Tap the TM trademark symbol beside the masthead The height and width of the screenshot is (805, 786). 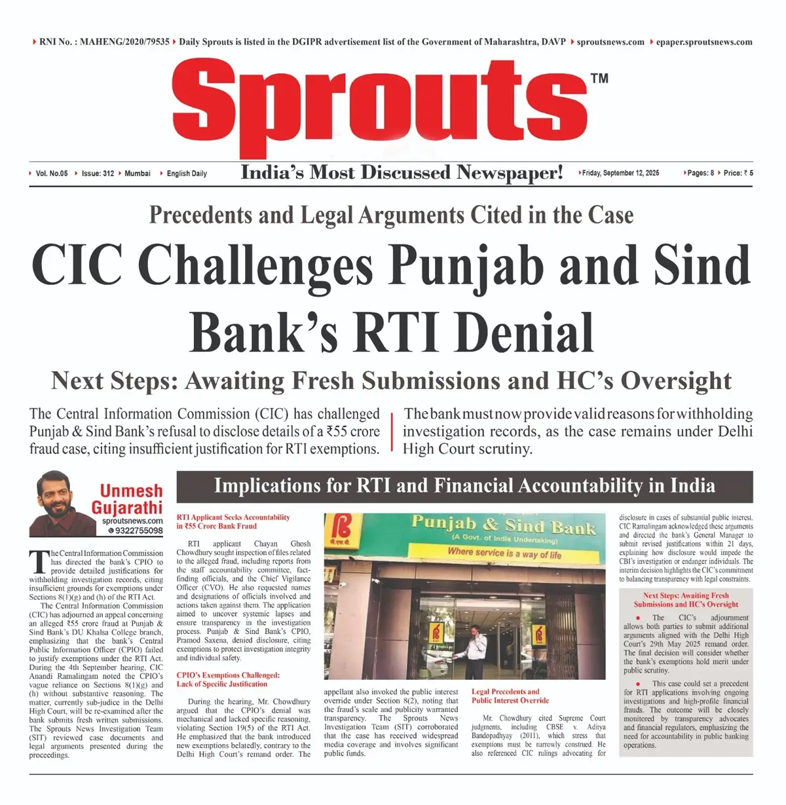[x=599, y=79]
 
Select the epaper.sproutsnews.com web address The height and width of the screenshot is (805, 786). [x=704, y=42]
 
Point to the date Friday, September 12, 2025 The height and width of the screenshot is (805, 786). [x=620, y=173]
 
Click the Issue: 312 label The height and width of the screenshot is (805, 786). [x=98, y=174]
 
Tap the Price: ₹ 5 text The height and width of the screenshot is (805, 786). [x=738, y=173]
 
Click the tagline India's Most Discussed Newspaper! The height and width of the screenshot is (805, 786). [x=402, y=172]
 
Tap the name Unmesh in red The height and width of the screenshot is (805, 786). [x=131, y=491]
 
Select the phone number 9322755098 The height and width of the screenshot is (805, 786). [x=139, y=531]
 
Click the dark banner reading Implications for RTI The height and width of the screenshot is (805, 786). [x=464, y=486]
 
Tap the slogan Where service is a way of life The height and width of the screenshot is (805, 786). [x=504, y=553]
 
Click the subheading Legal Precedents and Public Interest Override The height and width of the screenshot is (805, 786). [x=510, y=696]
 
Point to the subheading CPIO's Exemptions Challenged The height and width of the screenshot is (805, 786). [x=227, y=679]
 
